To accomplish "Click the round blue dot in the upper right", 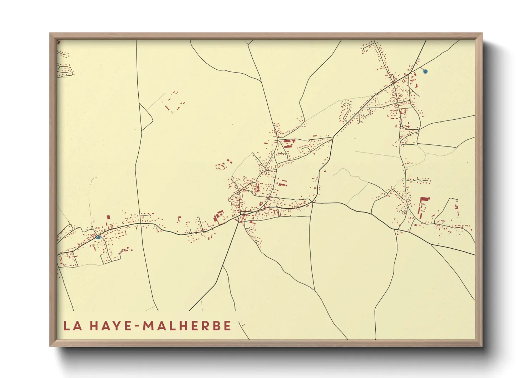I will pos(425,71).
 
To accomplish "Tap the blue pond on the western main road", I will pos(98,237).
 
